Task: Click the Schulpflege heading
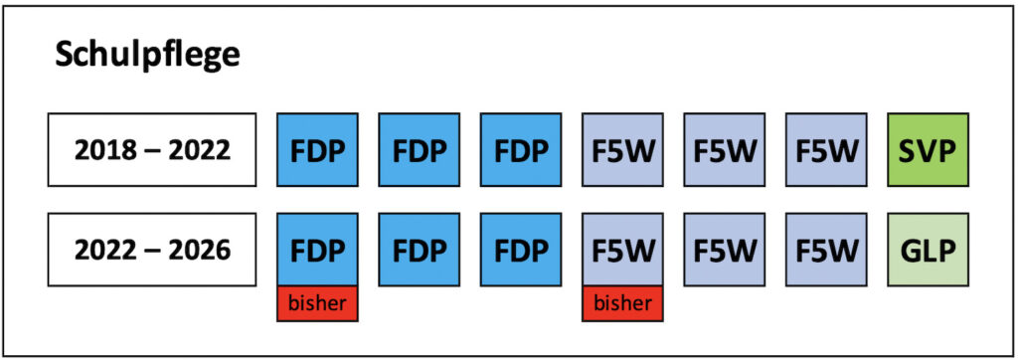[147, 55]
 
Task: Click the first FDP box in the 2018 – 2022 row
[317, 150]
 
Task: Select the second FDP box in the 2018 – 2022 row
[419, 150]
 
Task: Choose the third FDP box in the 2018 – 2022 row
[521, 150]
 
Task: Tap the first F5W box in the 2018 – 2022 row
[622, 150]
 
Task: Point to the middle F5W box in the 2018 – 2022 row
[725, 150]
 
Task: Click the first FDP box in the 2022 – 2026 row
[317, 249]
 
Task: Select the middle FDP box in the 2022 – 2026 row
[419, 249]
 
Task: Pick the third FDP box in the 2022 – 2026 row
[521, 249]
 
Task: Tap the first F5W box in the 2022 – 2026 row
[622, 249]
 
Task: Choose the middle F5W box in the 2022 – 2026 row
[725, 249]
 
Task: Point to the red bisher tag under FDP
[317, 303]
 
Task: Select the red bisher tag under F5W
[622, 303]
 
